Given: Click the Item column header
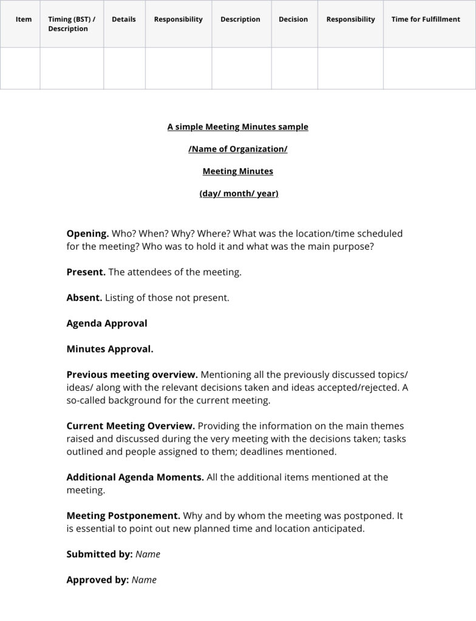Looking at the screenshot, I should (x=24, y=19).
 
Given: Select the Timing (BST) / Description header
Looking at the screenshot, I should (x=72, y=24).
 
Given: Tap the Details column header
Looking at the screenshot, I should (x=124, y=19).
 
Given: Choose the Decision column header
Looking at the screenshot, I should (x=293, y=19).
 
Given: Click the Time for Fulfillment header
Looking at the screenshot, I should (x=426, y=19).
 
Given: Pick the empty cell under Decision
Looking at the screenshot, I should (x=294, y=68).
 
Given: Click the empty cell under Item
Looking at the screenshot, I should (x=20, y=68).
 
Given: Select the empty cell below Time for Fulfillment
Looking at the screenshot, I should (x=429, y=68).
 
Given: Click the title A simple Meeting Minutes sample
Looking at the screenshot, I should (x=238, y=127).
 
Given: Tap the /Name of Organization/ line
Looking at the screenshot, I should (x=238, y=149).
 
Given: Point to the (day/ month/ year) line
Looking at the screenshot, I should (x=238, y=194).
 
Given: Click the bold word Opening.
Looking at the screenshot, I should (x=87, y=233).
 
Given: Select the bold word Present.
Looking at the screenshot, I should (x=86, y=272).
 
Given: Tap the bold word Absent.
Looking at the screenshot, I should (x=84, y=298).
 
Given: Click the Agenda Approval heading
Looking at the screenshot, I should (x=107, y=323).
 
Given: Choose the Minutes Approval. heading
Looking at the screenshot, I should (x=110, y=349).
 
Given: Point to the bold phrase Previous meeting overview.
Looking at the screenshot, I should (x=132, y=375).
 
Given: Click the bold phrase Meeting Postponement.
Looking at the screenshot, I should (x=123, y=516).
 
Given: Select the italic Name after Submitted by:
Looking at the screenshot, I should (x=148, y=554).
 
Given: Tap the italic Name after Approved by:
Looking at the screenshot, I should (x=144, y=580).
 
